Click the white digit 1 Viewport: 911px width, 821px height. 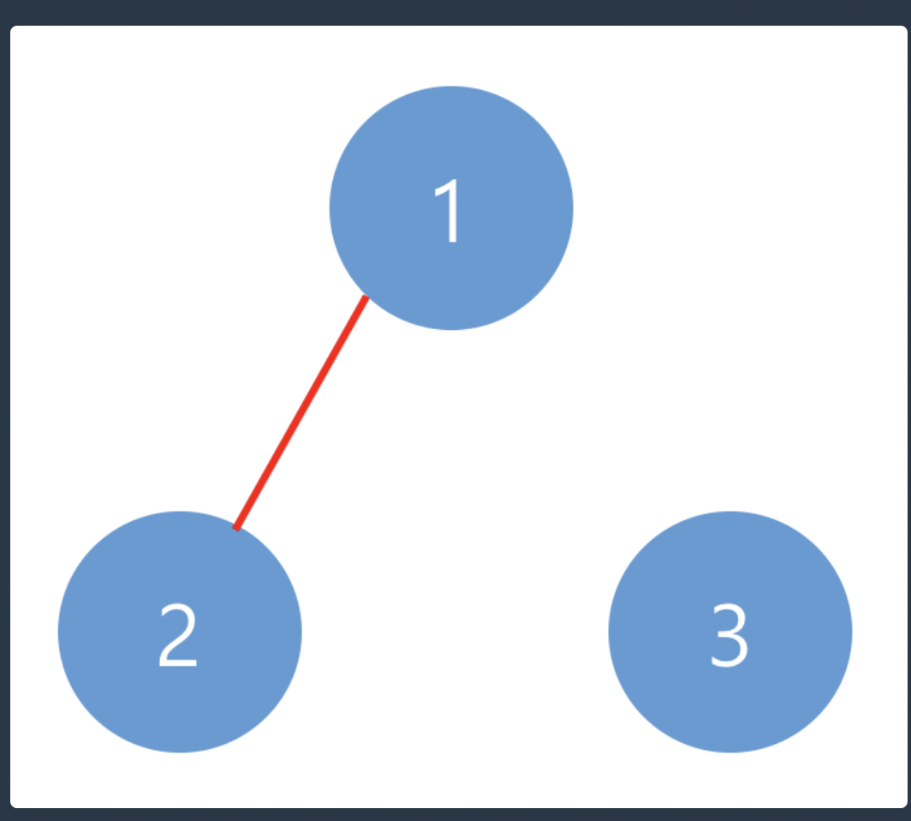(450, 212)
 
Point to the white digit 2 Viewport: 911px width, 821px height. (178, 636)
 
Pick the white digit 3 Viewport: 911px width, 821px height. (729, 636)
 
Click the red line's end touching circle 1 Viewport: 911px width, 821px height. (366, 298)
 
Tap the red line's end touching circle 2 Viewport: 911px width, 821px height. (236, 528)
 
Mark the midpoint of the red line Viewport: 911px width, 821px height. (301, 413)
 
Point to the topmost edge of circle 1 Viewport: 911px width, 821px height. (451, 87)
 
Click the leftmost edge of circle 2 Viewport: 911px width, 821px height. (59, 632)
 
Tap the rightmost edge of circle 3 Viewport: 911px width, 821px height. (851, 632)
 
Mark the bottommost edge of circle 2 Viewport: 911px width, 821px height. (180, 752)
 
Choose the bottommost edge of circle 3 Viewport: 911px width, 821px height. (730, 752)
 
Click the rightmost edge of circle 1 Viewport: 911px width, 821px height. (572, 207)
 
